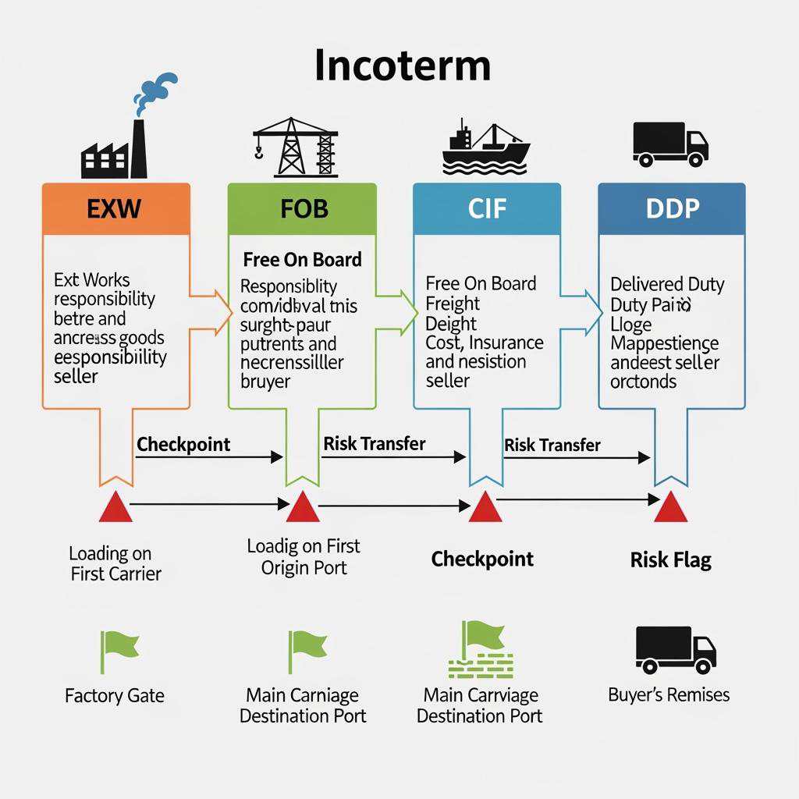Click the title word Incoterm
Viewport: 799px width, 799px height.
point(403,66)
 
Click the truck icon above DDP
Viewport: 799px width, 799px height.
point(670,144)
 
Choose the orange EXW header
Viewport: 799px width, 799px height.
point(115,209)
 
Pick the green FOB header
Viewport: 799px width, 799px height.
point(302,209)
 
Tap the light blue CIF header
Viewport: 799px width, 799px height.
point(486,209)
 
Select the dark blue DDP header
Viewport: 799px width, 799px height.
point(671,209)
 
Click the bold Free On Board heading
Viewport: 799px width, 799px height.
point(302,260)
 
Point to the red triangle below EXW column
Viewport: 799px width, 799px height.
point(115,507)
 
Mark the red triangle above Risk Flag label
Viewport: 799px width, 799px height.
point(670,507)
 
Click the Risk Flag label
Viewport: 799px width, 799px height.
point(670,559)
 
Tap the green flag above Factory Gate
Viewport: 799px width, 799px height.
point(117,652)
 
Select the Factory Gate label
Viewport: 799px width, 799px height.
point(115,695)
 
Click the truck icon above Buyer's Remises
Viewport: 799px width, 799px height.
point(675,650)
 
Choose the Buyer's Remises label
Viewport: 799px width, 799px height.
point(669,694)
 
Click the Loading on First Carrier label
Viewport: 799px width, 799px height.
point(115,563)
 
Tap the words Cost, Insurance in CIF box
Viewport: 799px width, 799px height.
point(484,343)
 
